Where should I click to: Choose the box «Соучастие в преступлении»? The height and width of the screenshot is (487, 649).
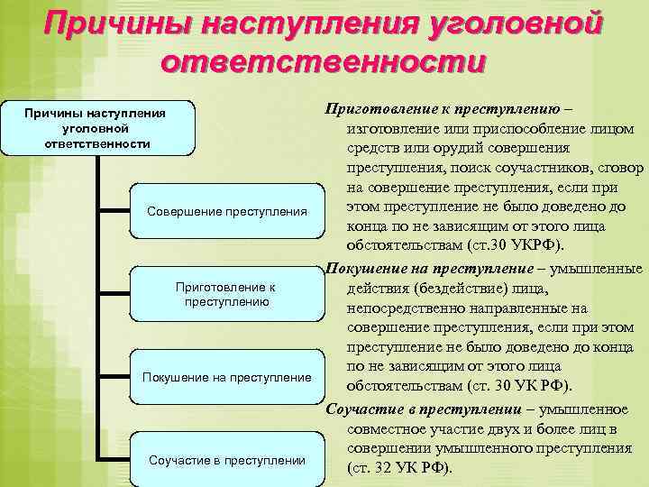click(226, 460)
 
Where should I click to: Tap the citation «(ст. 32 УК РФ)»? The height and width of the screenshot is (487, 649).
click(400, 468)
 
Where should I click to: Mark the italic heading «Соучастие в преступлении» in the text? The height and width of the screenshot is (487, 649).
click(416, 408)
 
